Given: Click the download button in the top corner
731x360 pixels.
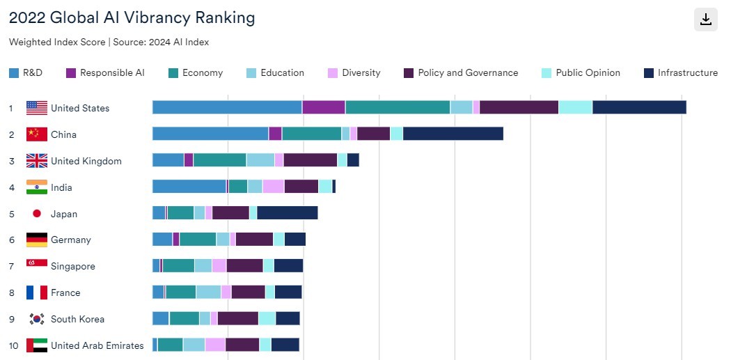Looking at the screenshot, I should (x=705, y=19).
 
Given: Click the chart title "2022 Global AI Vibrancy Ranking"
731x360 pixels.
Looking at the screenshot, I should (x=132, y=17).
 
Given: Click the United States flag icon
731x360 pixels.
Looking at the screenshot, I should (x=37, y=108).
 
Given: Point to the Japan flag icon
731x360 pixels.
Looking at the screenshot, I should (x=37, y=214).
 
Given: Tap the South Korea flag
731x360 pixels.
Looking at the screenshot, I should (x=37, y=319).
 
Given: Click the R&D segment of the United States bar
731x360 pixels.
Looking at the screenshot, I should (x=227, y=107).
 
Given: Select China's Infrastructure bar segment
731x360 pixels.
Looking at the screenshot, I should (x=453, y=134).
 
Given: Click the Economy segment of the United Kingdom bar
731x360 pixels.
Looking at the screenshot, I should (x=219, y=160).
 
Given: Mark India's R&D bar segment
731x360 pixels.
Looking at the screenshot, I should (x=189, y=187).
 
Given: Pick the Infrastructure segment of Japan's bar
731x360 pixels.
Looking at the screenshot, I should (x=287, y=213).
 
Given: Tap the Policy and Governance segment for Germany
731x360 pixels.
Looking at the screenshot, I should (x=254, y=240).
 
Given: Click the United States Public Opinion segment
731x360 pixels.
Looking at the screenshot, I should (x=575, y=107).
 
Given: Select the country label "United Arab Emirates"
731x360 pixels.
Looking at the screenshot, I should (x=97, y=345).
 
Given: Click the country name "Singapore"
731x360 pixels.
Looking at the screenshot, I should (x=73, y=266).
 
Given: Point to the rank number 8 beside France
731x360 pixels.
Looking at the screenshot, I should (x=11, y=292).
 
